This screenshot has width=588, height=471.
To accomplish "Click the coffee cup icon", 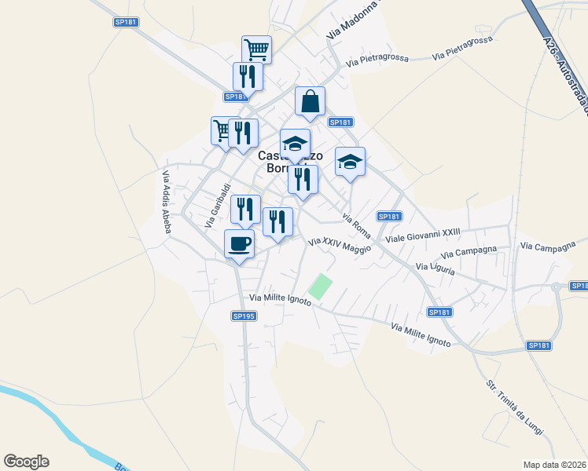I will click(240, 243).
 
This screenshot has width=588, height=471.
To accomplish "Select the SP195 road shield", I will click(244, 316).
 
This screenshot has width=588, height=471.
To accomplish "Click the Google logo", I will click(26, 462).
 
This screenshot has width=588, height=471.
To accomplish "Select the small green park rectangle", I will click(320, 286).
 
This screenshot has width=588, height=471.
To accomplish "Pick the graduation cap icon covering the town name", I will click(295, 145).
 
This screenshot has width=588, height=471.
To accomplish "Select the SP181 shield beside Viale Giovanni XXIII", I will click(390, 217).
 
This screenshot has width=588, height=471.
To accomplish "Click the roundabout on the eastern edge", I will click(557, 287).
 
